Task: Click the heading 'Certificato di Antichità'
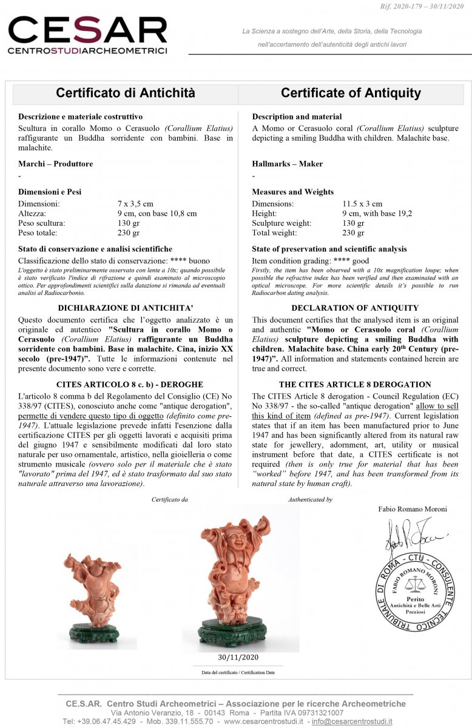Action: coord(126,93)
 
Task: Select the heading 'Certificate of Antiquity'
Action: coord(351,93)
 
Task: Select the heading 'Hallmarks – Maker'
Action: coord(287,164)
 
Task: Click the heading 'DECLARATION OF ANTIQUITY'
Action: coord(355,308)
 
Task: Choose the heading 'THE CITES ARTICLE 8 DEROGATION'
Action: coord(355,385)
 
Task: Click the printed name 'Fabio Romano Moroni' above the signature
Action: coord(413,509)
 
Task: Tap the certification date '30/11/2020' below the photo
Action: coord(238,657)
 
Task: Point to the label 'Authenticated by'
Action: coord(310,499)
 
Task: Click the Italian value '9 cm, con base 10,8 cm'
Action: coord(157,214)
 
